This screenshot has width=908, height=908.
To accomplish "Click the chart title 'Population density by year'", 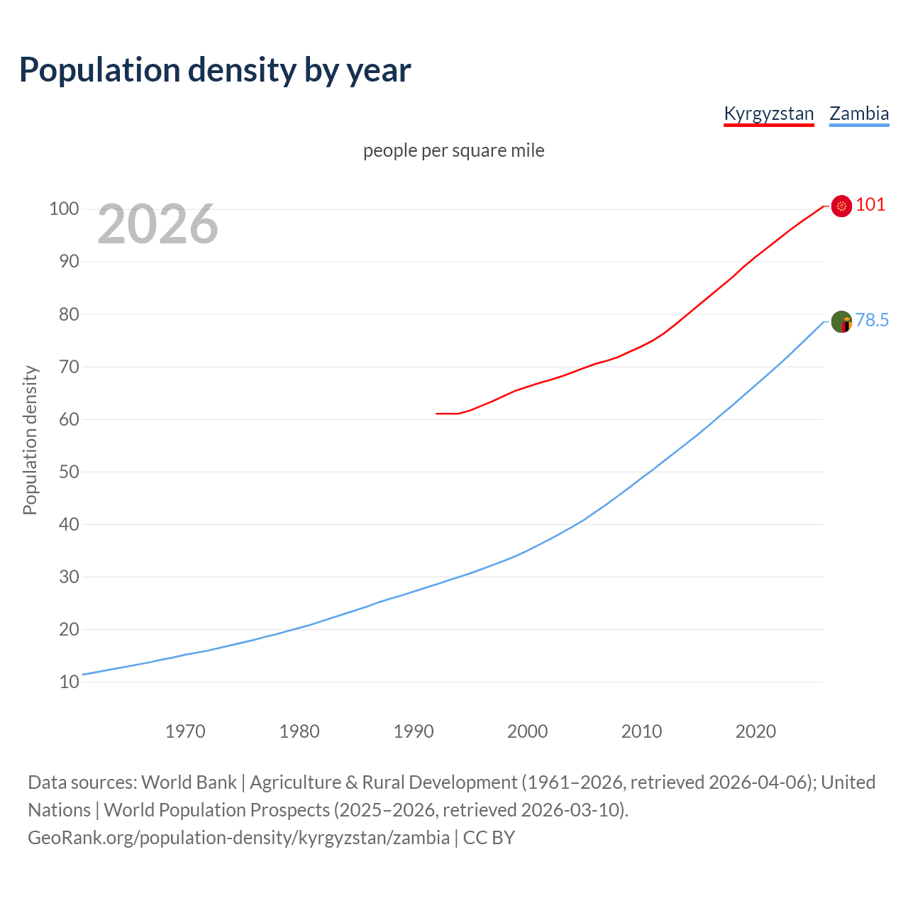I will coord(215,70).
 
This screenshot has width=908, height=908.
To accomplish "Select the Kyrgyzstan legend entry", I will coord(768,113).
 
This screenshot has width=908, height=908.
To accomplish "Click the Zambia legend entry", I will coord(859,113).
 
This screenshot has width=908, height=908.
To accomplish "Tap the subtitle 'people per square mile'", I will coord(453,150).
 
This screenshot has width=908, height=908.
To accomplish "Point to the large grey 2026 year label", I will coord(157,224).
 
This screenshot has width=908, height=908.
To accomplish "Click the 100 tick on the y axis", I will coord(63,209).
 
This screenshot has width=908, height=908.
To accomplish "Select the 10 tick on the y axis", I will coord(69,682).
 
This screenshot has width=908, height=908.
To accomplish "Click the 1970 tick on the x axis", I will coord(185,731).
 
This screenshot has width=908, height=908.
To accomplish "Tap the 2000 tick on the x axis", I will coord(527,731).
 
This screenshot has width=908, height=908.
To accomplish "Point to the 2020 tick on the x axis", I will coord(755,731).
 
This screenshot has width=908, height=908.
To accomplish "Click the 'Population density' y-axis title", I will coord(30,440).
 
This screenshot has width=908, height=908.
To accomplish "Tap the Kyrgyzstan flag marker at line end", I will coord(841,206).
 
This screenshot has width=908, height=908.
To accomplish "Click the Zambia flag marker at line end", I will coord(841,322).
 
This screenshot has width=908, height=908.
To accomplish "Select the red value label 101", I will coord(870,205).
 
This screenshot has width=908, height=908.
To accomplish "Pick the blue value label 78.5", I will coord(872,321).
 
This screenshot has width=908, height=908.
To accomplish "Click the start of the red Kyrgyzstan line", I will coord(437,413).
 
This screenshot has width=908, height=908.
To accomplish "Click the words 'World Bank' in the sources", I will coord(189,782).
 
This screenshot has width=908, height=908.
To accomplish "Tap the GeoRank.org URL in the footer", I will coord(238,837).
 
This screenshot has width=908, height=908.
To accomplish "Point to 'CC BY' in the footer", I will coord(489,837).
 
